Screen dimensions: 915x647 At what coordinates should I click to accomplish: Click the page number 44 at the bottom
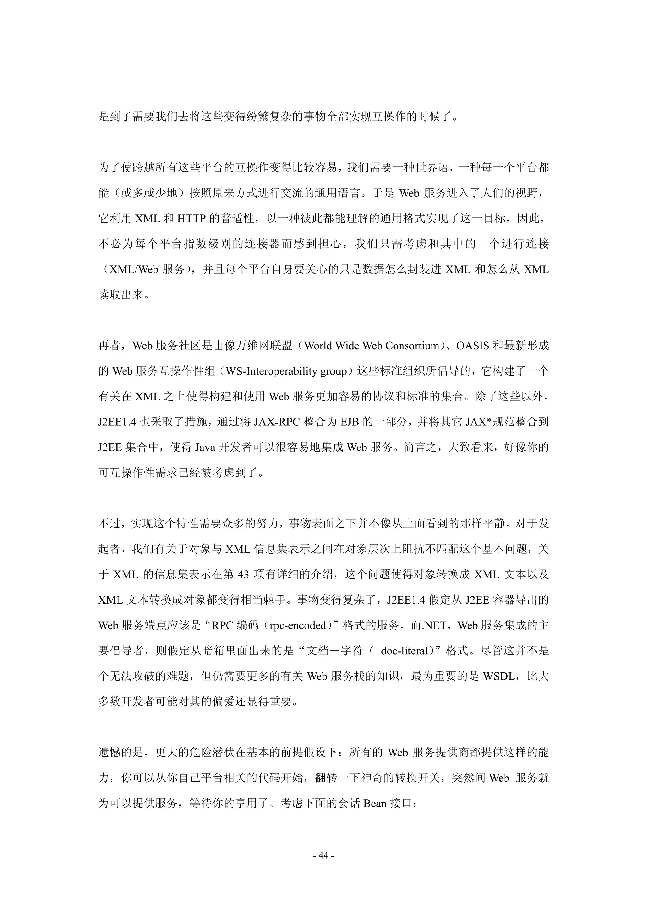pos(323,856)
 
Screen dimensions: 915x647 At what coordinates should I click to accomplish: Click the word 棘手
pos(265,600)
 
